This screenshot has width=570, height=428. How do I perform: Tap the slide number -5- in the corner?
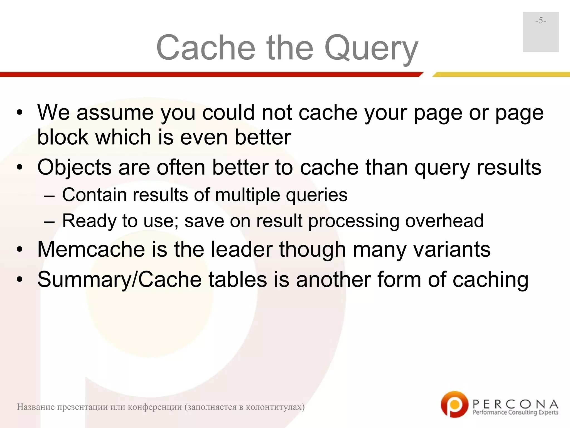(540, 21)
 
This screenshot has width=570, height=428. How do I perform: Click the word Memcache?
(91, 249)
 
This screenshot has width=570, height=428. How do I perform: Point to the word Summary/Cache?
(119, 279)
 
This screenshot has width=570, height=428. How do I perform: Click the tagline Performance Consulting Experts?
(515, 412)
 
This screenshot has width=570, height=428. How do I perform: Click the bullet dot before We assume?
(19, 113)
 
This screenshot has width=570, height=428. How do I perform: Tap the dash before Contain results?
(49, 195)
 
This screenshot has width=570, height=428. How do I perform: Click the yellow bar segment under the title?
(501, 74)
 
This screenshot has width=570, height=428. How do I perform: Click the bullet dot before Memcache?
(19, 250)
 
